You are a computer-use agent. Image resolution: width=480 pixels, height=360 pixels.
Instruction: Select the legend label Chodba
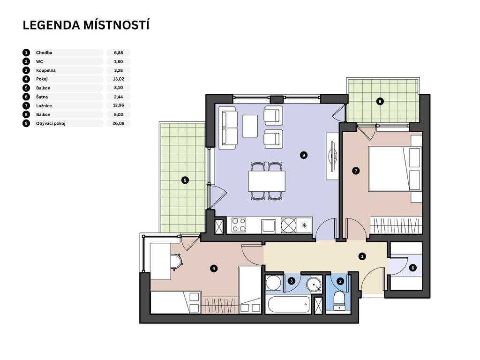[44, 52]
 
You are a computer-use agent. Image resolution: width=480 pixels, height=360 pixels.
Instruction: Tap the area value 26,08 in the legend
[119, 123]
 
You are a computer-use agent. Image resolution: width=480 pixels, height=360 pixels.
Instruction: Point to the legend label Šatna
[42, 97]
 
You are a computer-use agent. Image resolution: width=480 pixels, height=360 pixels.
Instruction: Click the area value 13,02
[119, 79]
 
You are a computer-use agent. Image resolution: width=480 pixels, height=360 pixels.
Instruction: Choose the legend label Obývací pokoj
[51, 123]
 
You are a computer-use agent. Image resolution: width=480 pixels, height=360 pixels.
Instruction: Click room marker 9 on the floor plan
[303, 155]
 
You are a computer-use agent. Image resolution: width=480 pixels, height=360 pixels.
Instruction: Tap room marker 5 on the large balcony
[185, 180]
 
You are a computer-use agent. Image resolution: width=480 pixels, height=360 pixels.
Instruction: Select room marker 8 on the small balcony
[380, 101]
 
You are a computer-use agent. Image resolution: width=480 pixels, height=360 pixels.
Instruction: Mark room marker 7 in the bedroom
[355, 171]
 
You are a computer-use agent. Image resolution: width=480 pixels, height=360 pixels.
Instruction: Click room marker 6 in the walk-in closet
[412, 268]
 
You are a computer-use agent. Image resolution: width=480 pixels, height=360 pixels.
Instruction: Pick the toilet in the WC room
[339, 301]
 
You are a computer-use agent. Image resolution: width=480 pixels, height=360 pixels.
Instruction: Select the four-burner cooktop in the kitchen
[239, 225]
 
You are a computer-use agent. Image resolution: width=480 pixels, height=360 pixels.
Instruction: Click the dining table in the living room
[267, 181]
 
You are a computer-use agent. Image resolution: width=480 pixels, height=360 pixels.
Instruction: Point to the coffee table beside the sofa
[250, 126]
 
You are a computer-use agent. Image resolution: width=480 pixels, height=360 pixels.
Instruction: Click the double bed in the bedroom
[395, 169]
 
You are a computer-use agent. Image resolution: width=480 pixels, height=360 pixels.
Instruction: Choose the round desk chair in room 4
[176, 262]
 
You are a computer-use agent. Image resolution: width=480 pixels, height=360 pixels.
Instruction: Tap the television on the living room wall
[332, 156]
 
